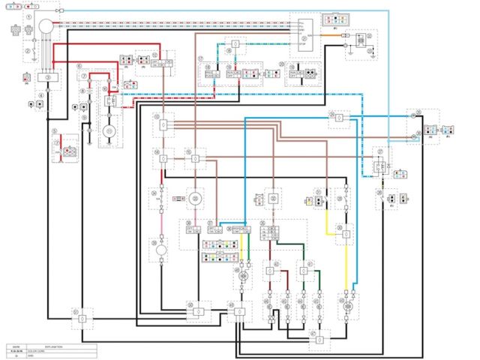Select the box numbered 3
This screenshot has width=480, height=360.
click(x=49, y=76)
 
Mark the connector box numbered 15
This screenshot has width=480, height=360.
click(x=195, y=159)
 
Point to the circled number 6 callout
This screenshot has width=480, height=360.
click(x=79, y=66)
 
